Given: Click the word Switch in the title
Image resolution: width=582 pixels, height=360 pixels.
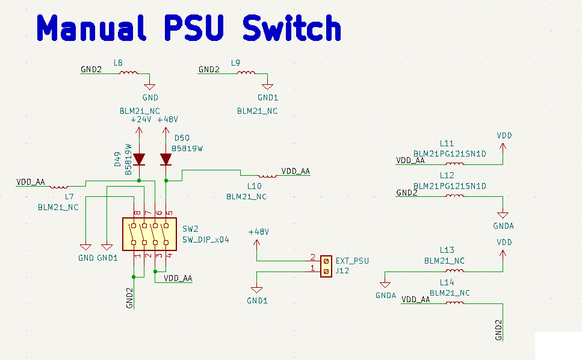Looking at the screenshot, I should (292, 28).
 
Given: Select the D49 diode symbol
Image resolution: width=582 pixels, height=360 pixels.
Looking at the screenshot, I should (139, 160).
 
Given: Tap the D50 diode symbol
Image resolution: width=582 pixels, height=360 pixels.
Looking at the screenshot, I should (166, 160).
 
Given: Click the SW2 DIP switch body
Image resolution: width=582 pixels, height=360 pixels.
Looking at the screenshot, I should (149, 234).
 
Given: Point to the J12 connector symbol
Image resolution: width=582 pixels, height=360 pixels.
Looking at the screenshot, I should (326, 266).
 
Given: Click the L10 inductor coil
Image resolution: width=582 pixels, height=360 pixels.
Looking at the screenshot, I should (267, 175).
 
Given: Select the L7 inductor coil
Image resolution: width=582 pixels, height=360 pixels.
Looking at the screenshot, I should (60, 186).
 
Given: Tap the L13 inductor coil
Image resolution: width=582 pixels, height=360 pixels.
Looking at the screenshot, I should (454, 271).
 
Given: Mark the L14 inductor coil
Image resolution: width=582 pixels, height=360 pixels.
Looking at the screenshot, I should (454, 303).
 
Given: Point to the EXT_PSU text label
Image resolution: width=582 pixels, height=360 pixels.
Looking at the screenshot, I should (352, 261).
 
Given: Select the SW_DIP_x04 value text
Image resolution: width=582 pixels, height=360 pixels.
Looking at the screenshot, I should (206, 239).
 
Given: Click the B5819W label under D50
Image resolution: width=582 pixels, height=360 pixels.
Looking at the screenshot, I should (187, 148).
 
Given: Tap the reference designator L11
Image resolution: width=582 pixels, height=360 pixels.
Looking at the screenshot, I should (447, 143).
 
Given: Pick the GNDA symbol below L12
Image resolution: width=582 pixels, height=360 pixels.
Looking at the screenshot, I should (503, 215).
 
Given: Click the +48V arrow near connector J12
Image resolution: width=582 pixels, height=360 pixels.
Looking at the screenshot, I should (257, 244).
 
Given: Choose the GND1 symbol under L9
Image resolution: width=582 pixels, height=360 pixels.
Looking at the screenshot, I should (268, 87).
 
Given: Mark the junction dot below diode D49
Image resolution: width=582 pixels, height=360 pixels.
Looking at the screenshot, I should (139, 180).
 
